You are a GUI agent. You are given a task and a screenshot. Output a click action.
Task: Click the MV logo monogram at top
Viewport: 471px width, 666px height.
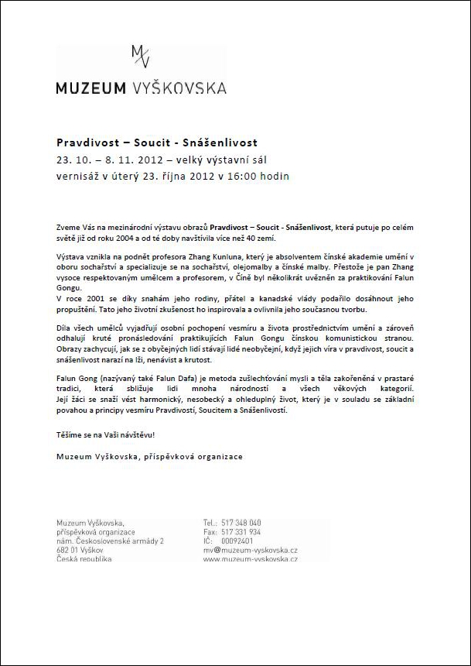(x=141, y=57)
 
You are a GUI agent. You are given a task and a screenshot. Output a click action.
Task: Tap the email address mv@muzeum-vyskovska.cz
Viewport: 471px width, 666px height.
(x=250, y=550)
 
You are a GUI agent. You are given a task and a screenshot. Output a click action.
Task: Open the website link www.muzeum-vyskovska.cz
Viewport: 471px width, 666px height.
(x=250, y=559)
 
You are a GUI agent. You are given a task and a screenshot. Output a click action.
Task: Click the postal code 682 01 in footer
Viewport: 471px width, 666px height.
(x=68, y=550)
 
